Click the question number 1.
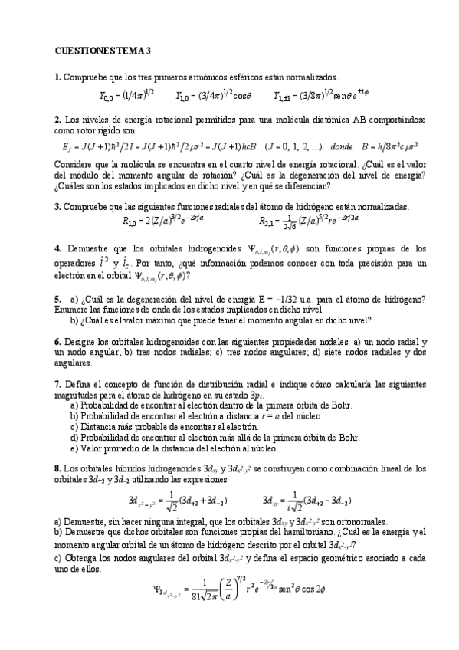tap(57, 77)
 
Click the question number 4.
tap(57, 248)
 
